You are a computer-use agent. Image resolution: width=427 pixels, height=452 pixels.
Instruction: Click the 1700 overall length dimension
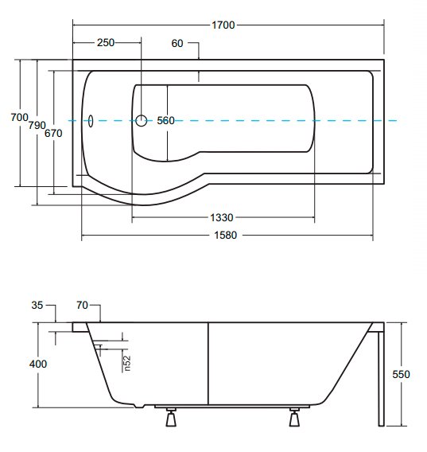click(x=223, y=25)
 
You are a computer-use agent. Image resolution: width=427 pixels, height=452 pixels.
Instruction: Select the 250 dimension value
click(x=106, y=43)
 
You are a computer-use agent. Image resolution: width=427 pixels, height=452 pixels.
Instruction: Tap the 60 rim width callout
click(x=177, y=43)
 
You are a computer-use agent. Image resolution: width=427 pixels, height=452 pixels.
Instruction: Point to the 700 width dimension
click(x=20, y=117)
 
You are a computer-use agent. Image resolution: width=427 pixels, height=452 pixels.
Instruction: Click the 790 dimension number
click(x=37, y=126)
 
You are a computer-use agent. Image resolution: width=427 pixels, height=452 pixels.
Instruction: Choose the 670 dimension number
click(x=53, y=133)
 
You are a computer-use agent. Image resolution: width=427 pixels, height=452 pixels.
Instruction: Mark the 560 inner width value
click(x=165, y=120)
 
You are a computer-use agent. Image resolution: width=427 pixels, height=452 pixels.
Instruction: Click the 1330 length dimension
click(x=221, y=217)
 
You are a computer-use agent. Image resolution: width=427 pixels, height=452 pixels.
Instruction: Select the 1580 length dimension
click(x=225, y=236)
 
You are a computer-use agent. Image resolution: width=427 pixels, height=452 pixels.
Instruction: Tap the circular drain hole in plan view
click(x=142, y=120)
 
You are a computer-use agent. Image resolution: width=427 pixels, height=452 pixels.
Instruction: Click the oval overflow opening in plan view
click(x=91, y=121)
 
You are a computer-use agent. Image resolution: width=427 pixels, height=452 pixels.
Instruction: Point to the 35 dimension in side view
click(x=37, y=305)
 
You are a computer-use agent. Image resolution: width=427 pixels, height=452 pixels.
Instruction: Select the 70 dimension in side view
click(x=82, y=305)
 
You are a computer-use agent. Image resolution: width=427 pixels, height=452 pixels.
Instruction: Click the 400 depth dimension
click(x=38, y=364)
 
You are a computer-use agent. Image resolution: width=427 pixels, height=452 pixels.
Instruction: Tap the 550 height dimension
click(x=401, y=375)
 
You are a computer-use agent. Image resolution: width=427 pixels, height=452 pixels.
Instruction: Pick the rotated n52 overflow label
click(x=126, y=363)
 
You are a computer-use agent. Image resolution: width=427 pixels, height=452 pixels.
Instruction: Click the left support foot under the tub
click(x=171, y=417)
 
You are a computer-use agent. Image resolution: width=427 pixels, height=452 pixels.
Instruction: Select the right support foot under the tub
click(x=294, y=417)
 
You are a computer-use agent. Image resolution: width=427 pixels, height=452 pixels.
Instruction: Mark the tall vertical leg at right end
click(x=381, y=379)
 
